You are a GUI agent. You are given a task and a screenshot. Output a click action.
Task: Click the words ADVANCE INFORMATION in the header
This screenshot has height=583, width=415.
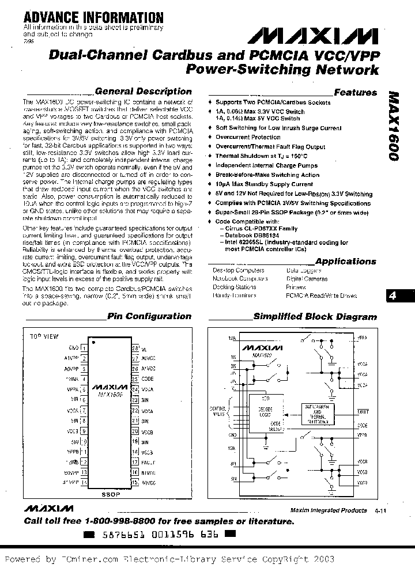pos(85,18)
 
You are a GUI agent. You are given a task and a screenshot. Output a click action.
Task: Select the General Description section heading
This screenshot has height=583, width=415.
pos(142,91)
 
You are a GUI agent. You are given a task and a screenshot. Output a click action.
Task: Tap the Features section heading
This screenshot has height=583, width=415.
pos(355,92)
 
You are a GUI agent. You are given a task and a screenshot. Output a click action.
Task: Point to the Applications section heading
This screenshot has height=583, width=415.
pos(345,261)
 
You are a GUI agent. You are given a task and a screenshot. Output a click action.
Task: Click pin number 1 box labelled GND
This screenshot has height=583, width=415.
pos(84,348)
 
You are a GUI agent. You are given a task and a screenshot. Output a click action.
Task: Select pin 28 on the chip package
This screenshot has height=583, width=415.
pos(135,349)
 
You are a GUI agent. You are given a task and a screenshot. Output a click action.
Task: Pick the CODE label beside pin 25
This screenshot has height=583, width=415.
pos(147,379)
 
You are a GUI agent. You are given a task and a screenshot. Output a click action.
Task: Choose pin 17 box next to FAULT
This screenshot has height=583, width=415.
pos(135,462)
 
